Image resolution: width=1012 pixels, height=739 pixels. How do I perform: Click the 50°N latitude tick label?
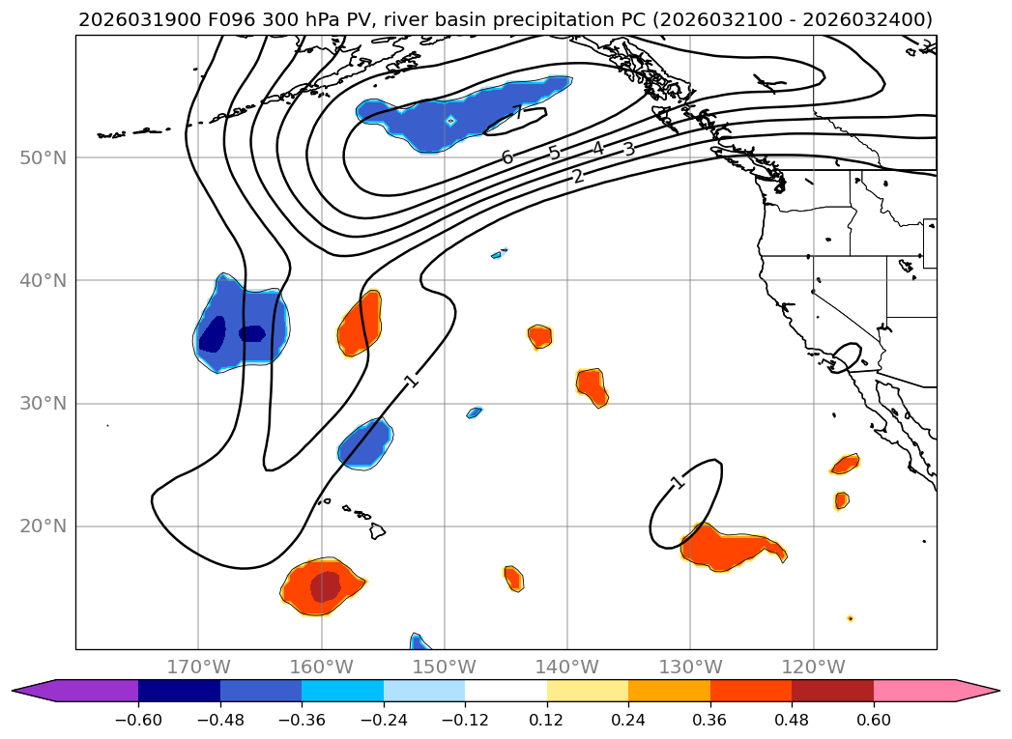(43, 157)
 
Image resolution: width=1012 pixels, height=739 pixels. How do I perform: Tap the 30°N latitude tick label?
(43, 404)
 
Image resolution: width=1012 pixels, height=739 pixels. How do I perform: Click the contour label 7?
(518, 112)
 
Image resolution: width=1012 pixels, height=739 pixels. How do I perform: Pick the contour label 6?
(507, 157)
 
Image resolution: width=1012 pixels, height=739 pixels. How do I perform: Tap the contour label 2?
(578, 177)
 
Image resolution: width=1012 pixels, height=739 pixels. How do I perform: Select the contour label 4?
(598, 149)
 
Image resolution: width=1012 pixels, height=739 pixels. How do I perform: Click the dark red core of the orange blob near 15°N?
(326, 585)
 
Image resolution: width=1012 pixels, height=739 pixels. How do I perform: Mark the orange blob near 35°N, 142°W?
(540, 336)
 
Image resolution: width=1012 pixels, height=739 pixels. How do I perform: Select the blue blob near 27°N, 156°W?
(365, 443)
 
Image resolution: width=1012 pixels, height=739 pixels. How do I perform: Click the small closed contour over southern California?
(845, 357)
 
